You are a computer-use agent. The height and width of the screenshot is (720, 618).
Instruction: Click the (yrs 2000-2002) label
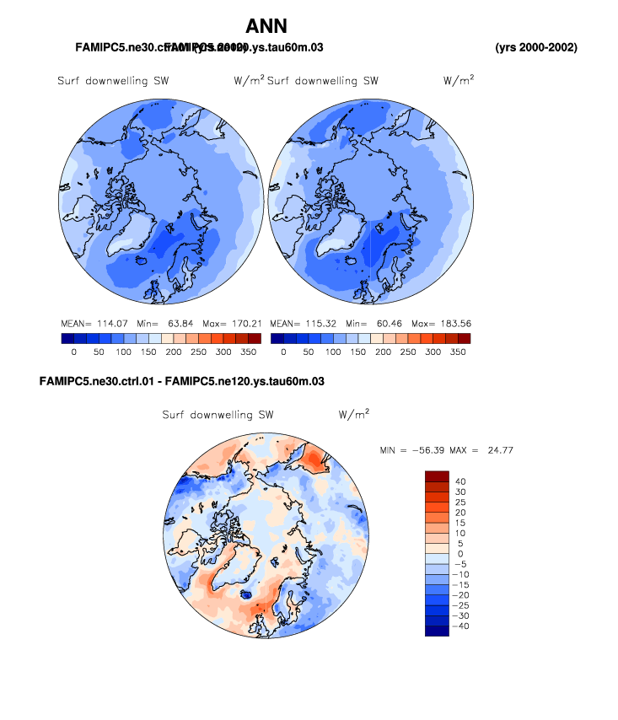click(x=536, y=47)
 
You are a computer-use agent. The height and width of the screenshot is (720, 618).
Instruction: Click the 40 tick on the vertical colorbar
click(x=460, y=481)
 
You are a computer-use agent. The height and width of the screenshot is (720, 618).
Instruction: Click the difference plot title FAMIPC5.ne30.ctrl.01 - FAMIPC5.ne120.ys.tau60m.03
click(x=182, y=382)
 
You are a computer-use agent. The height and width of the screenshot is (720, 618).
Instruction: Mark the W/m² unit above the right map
click(x=458, y=81)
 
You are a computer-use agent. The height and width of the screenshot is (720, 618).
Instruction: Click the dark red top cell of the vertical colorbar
click(x=438, y=476)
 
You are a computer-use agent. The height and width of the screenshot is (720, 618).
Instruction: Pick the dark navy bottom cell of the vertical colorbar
click(x=438, y=631)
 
